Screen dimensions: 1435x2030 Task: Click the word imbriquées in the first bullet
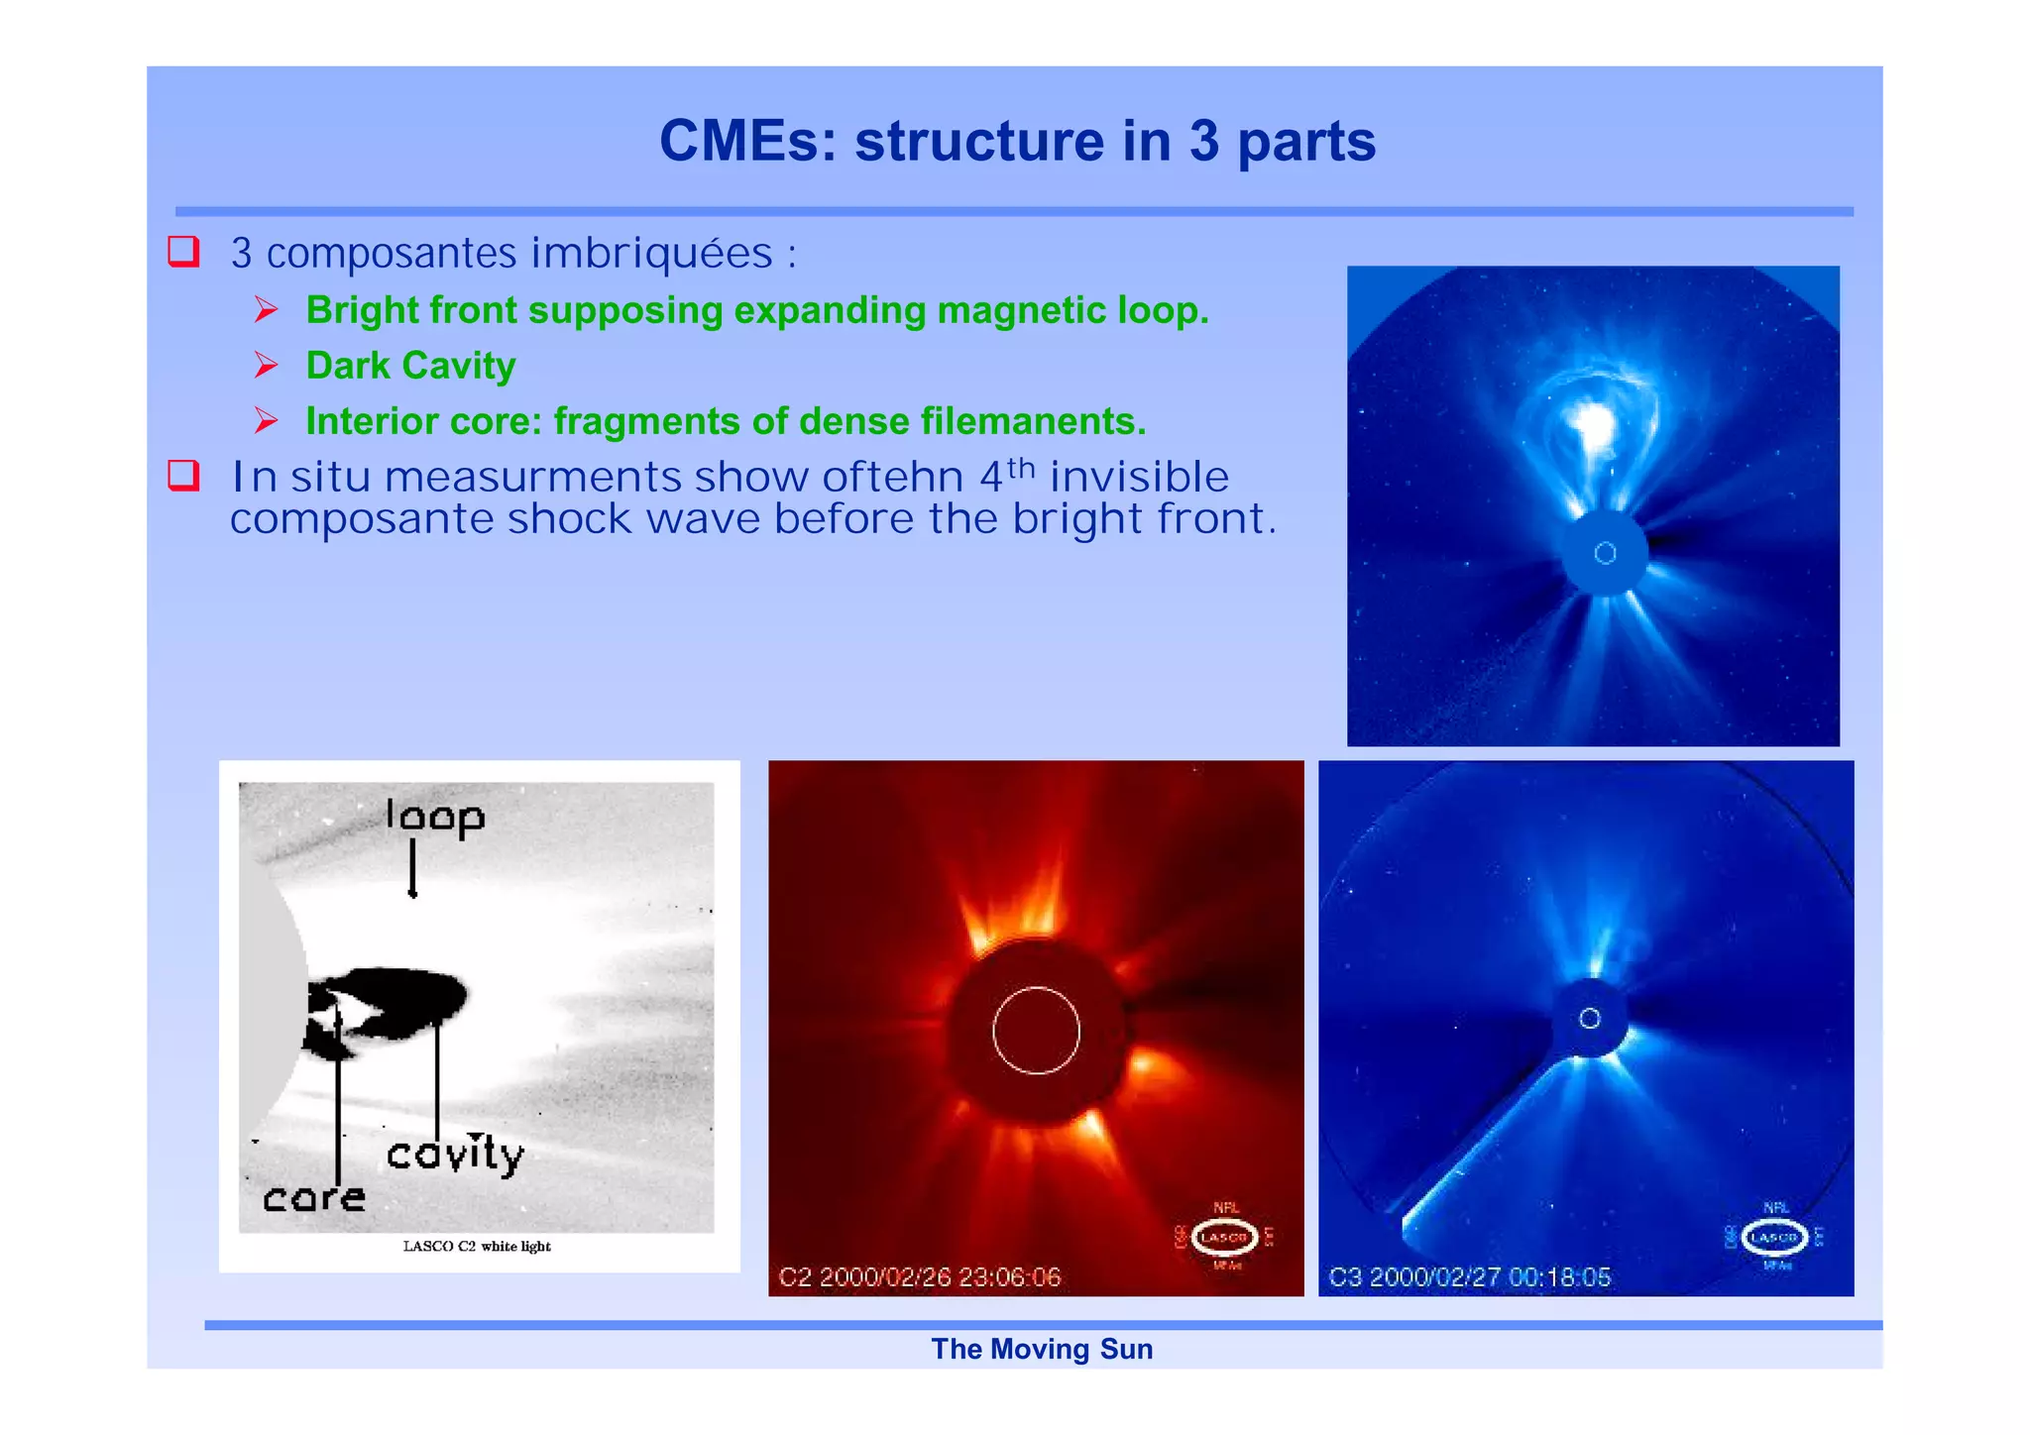pyautogui.click(x=651, y=254)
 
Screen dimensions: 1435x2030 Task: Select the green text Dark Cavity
pyautogui.click(x=410, y=366)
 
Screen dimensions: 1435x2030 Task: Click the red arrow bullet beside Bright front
pyautogui.click(x=266, y=310)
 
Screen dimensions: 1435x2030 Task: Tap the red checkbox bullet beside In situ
pyautogui.click(x=183, y=476)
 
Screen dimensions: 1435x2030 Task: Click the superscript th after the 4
pyautogui.click(x=1021, y=467)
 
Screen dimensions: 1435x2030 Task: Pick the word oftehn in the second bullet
pyautogui.click(x=892, y=478)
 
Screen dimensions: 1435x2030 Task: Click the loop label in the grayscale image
pyautogui.click(x=435, y=817)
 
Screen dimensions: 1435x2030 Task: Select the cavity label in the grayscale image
pyautogui.click(x=455, y=1155)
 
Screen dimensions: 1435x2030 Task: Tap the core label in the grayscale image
pyautogui.click(x=313, y=1198)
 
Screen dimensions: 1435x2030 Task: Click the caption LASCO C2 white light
pyautogui.click(x=477, y=1247)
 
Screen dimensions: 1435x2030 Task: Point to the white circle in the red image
pyautogui.click(x=1036, y=1031)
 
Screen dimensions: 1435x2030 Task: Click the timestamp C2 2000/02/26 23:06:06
pyautogui.click(x=919, y=1277)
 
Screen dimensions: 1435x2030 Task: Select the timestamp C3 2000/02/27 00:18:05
pyautogui.click(x=1469, y=1277)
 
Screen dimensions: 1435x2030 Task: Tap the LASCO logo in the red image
pyautogui.click(x=1225, y=1238)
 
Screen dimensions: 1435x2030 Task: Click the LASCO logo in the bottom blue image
pyautogui.click(x=1774, y=1238)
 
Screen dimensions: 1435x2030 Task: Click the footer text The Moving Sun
pyautogui.click(x=1042, y=1350)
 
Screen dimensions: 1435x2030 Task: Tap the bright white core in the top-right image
pyautogui.click(x=1594, y=424)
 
